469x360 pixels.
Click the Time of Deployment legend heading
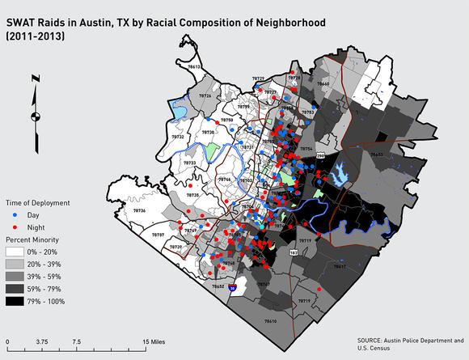38,203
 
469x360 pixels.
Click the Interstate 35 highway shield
233,286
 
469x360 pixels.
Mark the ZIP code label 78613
194,66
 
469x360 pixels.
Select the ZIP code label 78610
269,321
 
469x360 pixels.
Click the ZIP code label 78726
205,96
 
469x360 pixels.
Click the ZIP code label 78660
323,83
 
